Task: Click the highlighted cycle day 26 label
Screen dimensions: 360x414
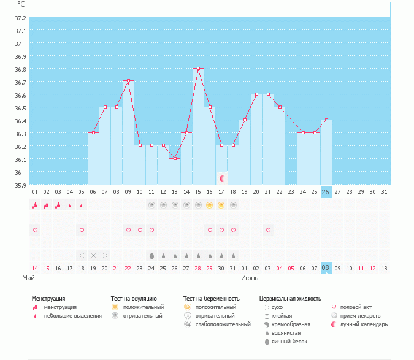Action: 326,192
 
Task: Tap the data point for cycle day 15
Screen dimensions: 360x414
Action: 198,69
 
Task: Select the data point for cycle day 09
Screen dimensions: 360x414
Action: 128,81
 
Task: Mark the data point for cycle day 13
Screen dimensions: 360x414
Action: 175,158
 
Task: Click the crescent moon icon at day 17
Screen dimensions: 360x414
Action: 222,178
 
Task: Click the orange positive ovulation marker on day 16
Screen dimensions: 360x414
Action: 210,205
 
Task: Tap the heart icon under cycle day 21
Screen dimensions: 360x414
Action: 268,230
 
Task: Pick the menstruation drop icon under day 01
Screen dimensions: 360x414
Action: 35,205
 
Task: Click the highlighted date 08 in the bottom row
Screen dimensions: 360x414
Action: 326,268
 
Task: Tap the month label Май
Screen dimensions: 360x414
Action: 29,278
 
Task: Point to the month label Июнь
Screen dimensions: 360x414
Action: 250,278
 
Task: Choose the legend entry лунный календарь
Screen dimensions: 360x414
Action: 367,324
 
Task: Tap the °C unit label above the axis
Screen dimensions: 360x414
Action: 21,4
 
